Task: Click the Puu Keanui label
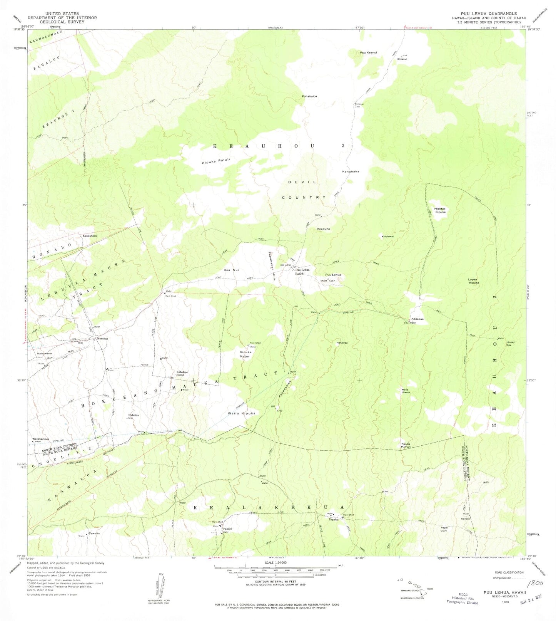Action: click(x=368, y=52)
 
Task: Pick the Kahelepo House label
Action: click(x=182, y=373)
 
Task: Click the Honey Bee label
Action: click(x=510, y=344)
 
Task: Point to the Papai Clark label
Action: click(x=444, y=529)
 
